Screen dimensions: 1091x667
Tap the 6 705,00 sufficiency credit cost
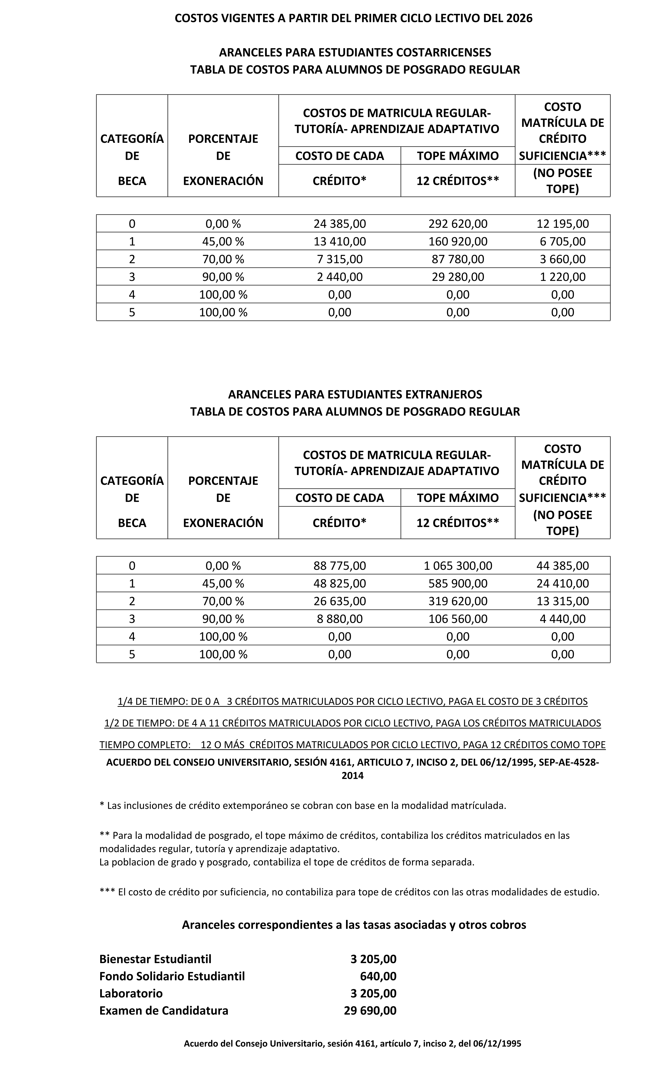coord(562,241)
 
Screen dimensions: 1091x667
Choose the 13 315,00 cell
coord(562,601)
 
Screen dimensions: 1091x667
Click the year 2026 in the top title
coord(519,18)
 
